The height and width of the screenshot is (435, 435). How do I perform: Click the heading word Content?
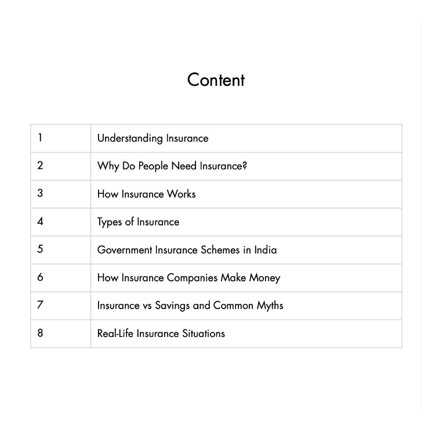click(x=216, y=80)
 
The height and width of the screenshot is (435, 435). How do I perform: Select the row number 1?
click(x=40, y=137)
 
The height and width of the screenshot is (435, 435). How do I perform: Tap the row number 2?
click(x=40, y=165)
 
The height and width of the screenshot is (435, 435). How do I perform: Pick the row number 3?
click(x=40, y=193)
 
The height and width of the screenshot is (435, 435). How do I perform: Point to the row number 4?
click(x=40, y=221)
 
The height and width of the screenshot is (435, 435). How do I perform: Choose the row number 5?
click(x=40, y=249)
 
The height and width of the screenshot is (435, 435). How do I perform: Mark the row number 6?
click(x=40, y=277)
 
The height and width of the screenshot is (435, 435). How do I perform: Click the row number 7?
click(x=40, y=304)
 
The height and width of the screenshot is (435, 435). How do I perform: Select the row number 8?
click(x=40, y=332)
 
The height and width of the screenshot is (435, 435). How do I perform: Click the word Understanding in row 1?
click(x=130, y=139)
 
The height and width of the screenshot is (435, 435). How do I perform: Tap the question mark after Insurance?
click(x=245, y=166)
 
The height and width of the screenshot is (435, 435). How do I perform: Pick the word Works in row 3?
click(x=181, y=194)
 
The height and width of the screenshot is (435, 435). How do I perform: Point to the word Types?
click(x=110, y=222)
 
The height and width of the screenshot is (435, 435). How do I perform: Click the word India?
click(x=265, y=250)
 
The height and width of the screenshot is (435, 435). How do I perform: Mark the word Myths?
click(x=270, y=306)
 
